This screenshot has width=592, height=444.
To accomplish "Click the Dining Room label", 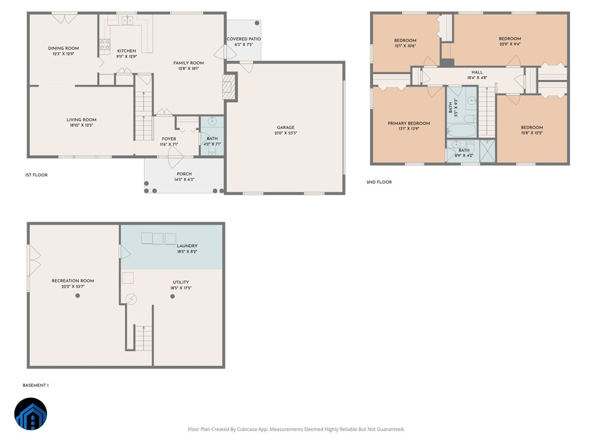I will [x=63, y=48].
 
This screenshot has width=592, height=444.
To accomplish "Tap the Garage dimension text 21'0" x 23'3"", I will [x=286, y=133].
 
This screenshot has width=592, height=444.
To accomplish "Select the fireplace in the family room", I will [x=229, y=86].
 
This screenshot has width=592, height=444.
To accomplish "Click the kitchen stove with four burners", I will [x=104, y=44].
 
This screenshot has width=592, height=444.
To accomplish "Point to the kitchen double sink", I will [x=127, y=20].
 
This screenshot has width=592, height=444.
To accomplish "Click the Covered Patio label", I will [x=243, y=39].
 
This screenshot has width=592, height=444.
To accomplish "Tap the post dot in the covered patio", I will [x=257, y=23].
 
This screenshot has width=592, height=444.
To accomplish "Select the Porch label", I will [x=184, y=174].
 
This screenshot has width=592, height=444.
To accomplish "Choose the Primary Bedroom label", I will [x=408, y=123].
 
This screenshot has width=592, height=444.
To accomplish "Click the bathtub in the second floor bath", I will [x=461, y=130].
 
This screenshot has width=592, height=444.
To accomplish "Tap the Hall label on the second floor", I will [x=477, y=72].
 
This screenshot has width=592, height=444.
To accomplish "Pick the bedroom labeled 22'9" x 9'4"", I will [x=509, y=39].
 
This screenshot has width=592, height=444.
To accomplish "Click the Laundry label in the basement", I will [x=187, y=246].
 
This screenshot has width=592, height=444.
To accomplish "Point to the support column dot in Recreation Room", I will [x=77, y=295].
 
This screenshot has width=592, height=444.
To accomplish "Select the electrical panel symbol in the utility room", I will [x=131, y=299].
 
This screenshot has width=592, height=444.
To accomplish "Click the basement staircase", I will [x=143, y=338].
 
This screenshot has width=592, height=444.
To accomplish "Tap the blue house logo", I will [x=31, y=414].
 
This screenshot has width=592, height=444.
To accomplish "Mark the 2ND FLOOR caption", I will [x=379, y=182].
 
